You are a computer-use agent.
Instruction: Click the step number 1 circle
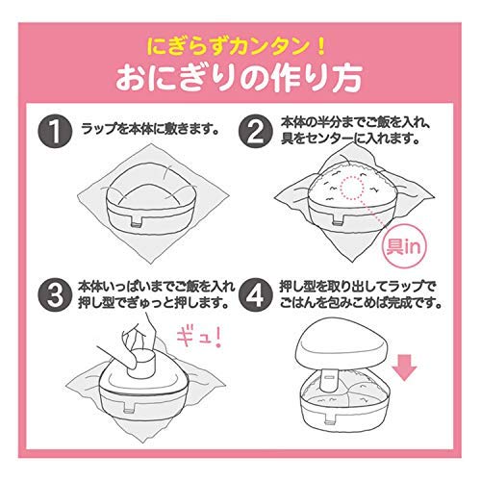pyautogui.click(x=55, y=132)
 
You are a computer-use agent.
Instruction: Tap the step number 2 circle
pyautogui.click(x=256, y=132)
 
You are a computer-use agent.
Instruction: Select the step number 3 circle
pyautogui.click(x=55, y=294)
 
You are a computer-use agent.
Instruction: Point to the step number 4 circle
pyautogui.click(x=256, y=294)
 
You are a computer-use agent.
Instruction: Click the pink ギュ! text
pyautogui.click(x=199, y=336)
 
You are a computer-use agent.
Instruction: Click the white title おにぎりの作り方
pyautogui.click(x=239, y=78)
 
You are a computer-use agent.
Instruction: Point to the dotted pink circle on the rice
pyautogui.click(x=354, y=187)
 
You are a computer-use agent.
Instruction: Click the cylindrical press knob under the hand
pyautogui.click(x=142, y=364)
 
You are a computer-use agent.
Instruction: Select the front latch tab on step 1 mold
pyautogui.click(x=138, y=222)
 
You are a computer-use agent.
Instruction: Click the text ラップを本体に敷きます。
pyautogui.click(x=150, y=130)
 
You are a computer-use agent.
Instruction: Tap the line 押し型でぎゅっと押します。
pyautogui.click(x=153, y=302)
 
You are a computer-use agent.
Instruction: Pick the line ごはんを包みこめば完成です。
pyautogui.click(x=360, y=302)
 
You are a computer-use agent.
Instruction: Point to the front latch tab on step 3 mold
pyautogui.click(x=130, y=407)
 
